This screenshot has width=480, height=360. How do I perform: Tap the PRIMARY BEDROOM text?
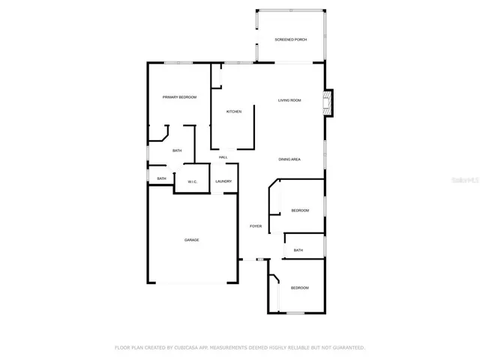point(180,97)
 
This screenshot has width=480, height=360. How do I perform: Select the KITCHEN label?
point(234,112)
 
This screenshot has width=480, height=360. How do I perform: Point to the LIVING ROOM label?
point(289,100)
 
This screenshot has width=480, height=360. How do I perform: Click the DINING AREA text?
point(289,159)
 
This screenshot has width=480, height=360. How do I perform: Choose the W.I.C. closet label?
point(192,181)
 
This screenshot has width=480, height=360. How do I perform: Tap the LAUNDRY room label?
point(223,181)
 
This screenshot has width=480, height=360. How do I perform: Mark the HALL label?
point(223,157)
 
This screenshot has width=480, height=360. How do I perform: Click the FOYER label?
point(256,225)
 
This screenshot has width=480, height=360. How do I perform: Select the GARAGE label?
point(192,239)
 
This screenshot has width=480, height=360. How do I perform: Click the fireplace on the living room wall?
point(328,103)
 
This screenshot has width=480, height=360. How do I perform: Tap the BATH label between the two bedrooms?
point(298,250)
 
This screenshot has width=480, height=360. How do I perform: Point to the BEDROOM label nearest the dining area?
point(300,211)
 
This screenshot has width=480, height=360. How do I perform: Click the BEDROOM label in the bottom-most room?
point(300,287)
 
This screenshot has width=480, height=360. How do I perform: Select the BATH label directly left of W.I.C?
point(161,178)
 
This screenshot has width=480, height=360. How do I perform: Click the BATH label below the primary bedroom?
point(177,151)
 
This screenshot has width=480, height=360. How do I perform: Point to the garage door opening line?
point(192,283)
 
